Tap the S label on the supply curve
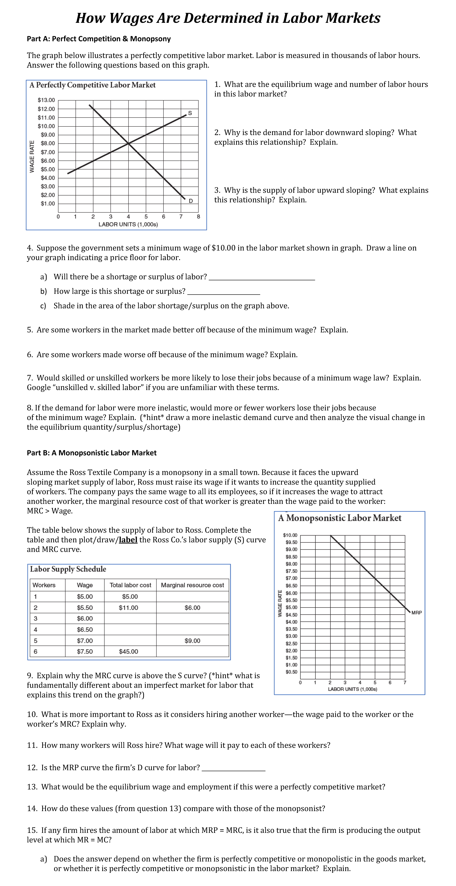190,113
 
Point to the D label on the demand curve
191,201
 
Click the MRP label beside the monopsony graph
416,613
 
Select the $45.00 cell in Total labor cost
128,651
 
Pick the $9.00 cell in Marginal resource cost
192,641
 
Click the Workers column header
44,585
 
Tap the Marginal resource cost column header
192,585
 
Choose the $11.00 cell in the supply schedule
128,608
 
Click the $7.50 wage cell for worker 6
85,651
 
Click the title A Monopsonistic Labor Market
339,518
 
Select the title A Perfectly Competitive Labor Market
92,85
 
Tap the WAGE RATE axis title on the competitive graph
32,157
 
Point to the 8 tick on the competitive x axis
198,217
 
